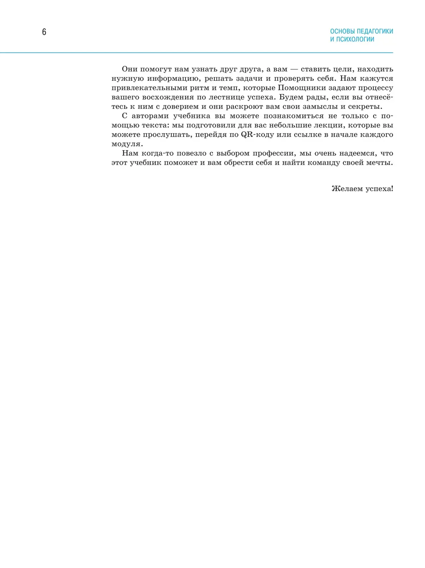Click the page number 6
pos(44,32)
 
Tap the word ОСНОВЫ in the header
pos(342,31)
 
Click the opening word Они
pos(130,69)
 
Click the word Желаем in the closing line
pos(346,189)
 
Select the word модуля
pos(127,144)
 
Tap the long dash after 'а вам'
pos(294,69)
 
